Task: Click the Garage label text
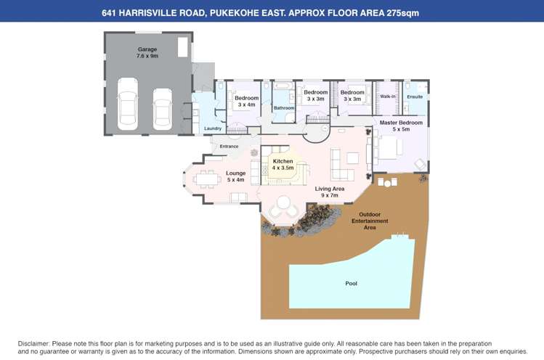coord(147,52)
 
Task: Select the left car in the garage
coord(129,103)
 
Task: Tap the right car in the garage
coord(163,108)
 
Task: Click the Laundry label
coord(212,128)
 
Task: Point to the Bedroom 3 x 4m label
coord(246,101)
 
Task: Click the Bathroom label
coord(283,108)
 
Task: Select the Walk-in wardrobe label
coord(388,96)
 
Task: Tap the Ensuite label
coord(415,96)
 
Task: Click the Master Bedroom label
coord(401,126)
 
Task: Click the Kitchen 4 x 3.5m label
coord(283,164)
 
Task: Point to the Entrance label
coord(229,147)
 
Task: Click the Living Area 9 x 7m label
coord(330,192)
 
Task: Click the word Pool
coord(351,283)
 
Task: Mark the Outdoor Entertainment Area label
coord(370,221)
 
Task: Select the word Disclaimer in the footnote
coord(33,343)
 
